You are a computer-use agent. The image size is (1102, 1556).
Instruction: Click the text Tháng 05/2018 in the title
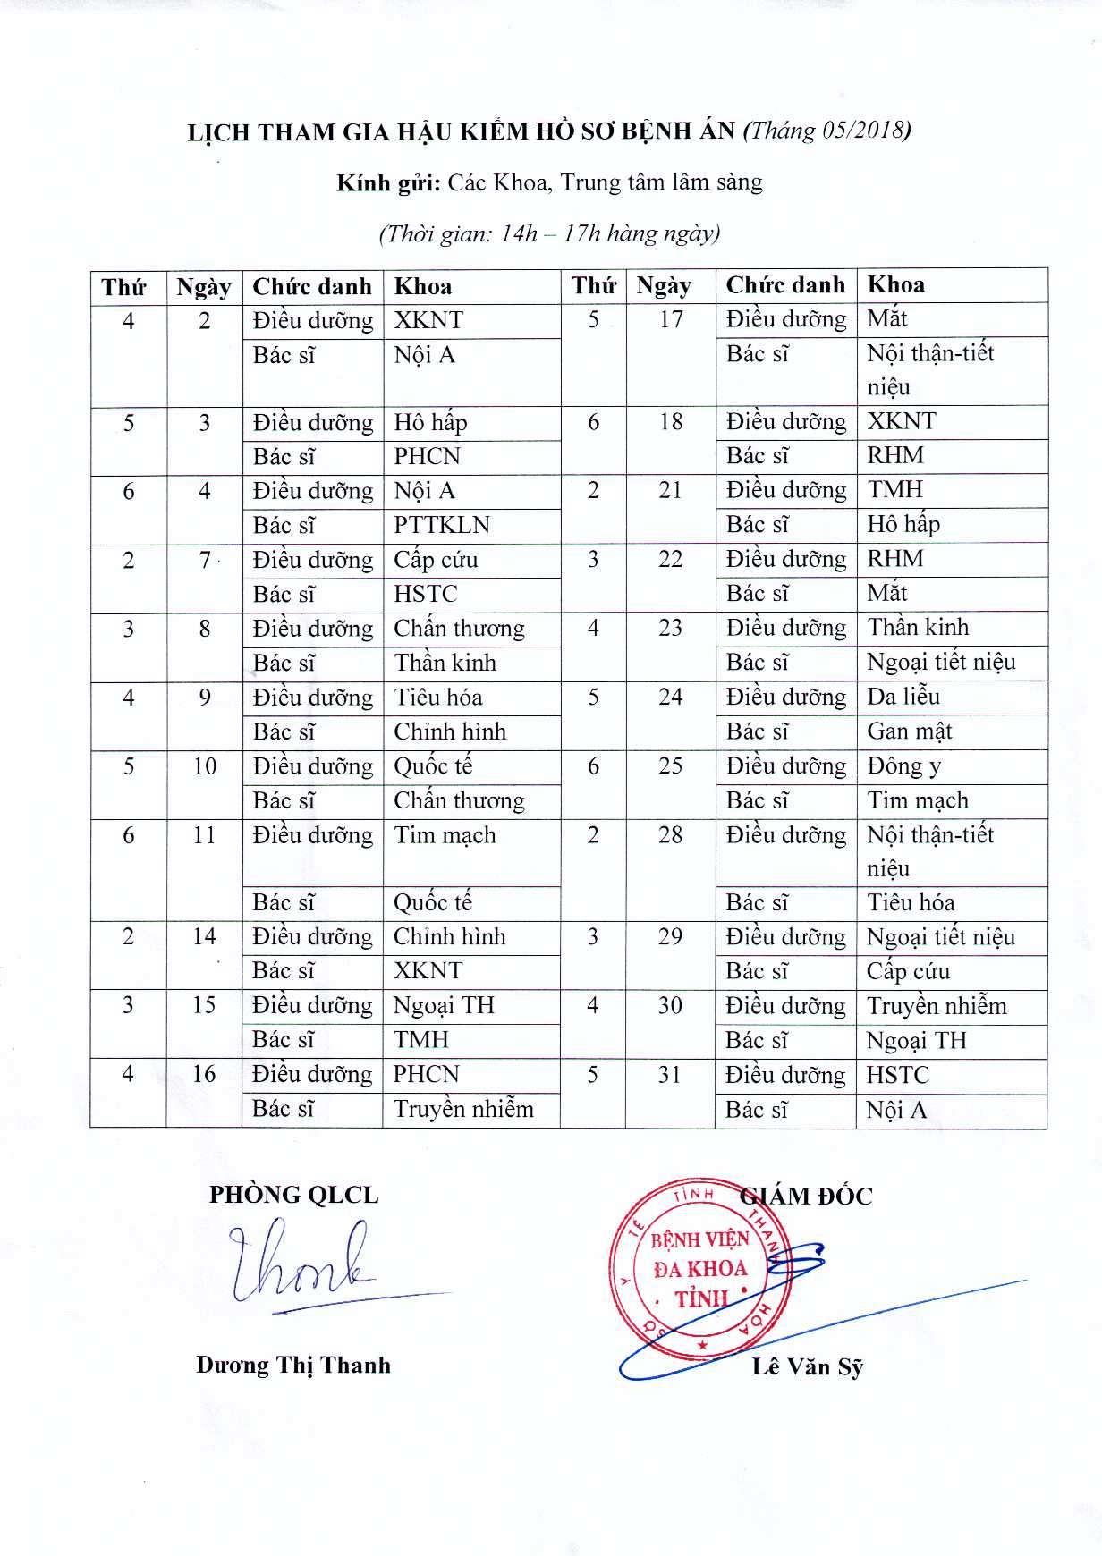pos(827,131)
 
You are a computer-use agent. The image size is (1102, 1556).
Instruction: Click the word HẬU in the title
pos(418,131)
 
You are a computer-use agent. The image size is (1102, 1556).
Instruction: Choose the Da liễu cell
pos(903,697)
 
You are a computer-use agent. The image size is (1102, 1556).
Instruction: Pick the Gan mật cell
pos(909,731)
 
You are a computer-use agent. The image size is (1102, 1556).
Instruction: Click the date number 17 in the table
pos(671,319)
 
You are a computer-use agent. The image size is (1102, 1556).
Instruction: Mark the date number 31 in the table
pos(670,1075)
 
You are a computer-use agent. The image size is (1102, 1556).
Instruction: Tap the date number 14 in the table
pos(204,936)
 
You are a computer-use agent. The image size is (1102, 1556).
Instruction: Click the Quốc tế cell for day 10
pos(434,766)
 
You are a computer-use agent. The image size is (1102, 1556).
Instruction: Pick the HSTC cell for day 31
pos(898,1076)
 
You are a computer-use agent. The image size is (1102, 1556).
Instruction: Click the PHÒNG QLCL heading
pos(293,1196)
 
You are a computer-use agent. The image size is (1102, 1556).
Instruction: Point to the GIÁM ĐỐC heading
pos(807,1197)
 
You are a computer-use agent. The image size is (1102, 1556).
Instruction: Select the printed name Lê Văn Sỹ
pos(808,1367)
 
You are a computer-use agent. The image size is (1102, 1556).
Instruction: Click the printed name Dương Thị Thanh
pos(293,1365)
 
